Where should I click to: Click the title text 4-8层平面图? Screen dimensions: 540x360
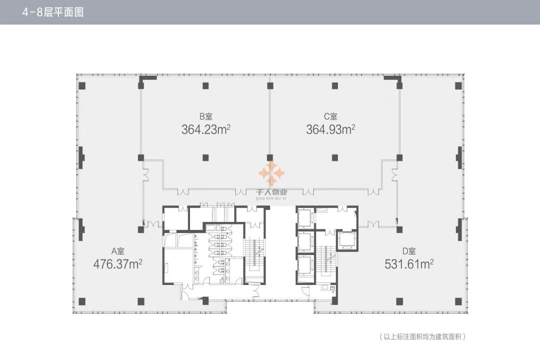[x=52, y=12]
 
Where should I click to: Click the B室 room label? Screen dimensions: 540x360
[x=206, y=116]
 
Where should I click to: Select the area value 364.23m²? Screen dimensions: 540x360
[x=206, y=129]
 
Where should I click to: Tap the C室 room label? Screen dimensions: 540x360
[x=330, y=116]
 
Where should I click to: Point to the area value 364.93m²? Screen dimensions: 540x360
[x=330, y=129]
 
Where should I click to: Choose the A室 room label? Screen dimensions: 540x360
[x=118, y=251]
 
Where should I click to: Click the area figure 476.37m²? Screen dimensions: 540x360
[x=118, y=264]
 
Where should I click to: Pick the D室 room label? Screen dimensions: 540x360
[x=409, y=251]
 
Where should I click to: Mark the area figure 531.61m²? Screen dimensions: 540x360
[x=409, y=264]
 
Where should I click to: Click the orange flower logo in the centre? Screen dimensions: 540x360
[x=271, y=173]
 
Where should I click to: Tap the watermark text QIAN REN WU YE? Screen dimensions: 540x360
[x=271, y=198]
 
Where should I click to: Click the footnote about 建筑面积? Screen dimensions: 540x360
[x=422, y=336]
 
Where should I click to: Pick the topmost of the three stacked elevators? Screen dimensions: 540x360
[x=305, y=217]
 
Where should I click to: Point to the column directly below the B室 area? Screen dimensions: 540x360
[x=205, y=158]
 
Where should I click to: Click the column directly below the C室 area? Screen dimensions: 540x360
[x=334, y=158]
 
